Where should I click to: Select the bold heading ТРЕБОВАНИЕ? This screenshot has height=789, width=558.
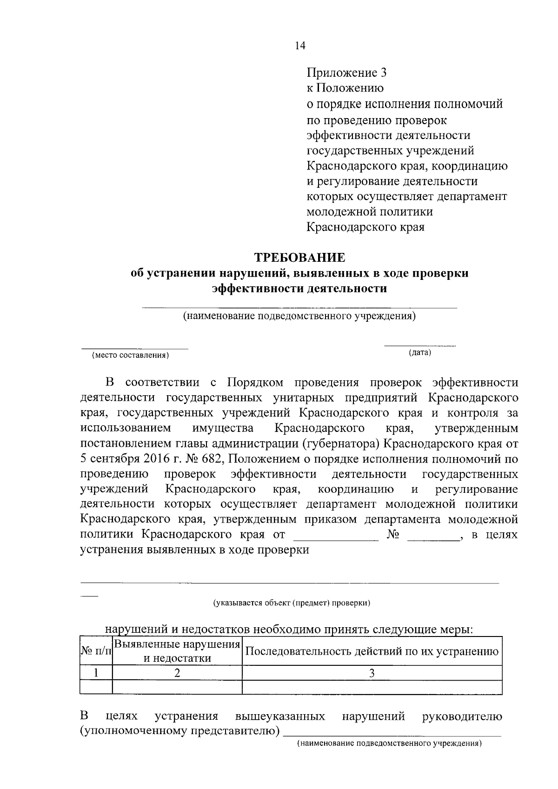299,258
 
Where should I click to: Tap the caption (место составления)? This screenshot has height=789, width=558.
130,356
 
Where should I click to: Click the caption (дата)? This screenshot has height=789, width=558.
419,352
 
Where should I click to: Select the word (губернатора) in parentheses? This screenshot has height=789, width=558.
341,444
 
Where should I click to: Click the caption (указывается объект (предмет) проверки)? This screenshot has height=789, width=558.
292,603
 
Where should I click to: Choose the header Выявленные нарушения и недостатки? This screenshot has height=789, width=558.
177,651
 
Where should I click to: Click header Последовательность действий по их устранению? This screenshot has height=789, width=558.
372,651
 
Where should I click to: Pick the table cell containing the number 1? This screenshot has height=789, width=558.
96,673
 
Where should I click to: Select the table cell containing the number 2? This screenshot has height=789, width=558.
177,673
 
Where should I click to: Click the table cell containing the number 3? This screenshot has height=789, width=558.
372,673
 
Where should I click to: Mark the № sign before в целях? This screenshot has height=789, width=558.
393,535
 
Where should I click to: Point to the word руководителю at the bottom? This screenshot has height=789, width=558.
462,716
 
